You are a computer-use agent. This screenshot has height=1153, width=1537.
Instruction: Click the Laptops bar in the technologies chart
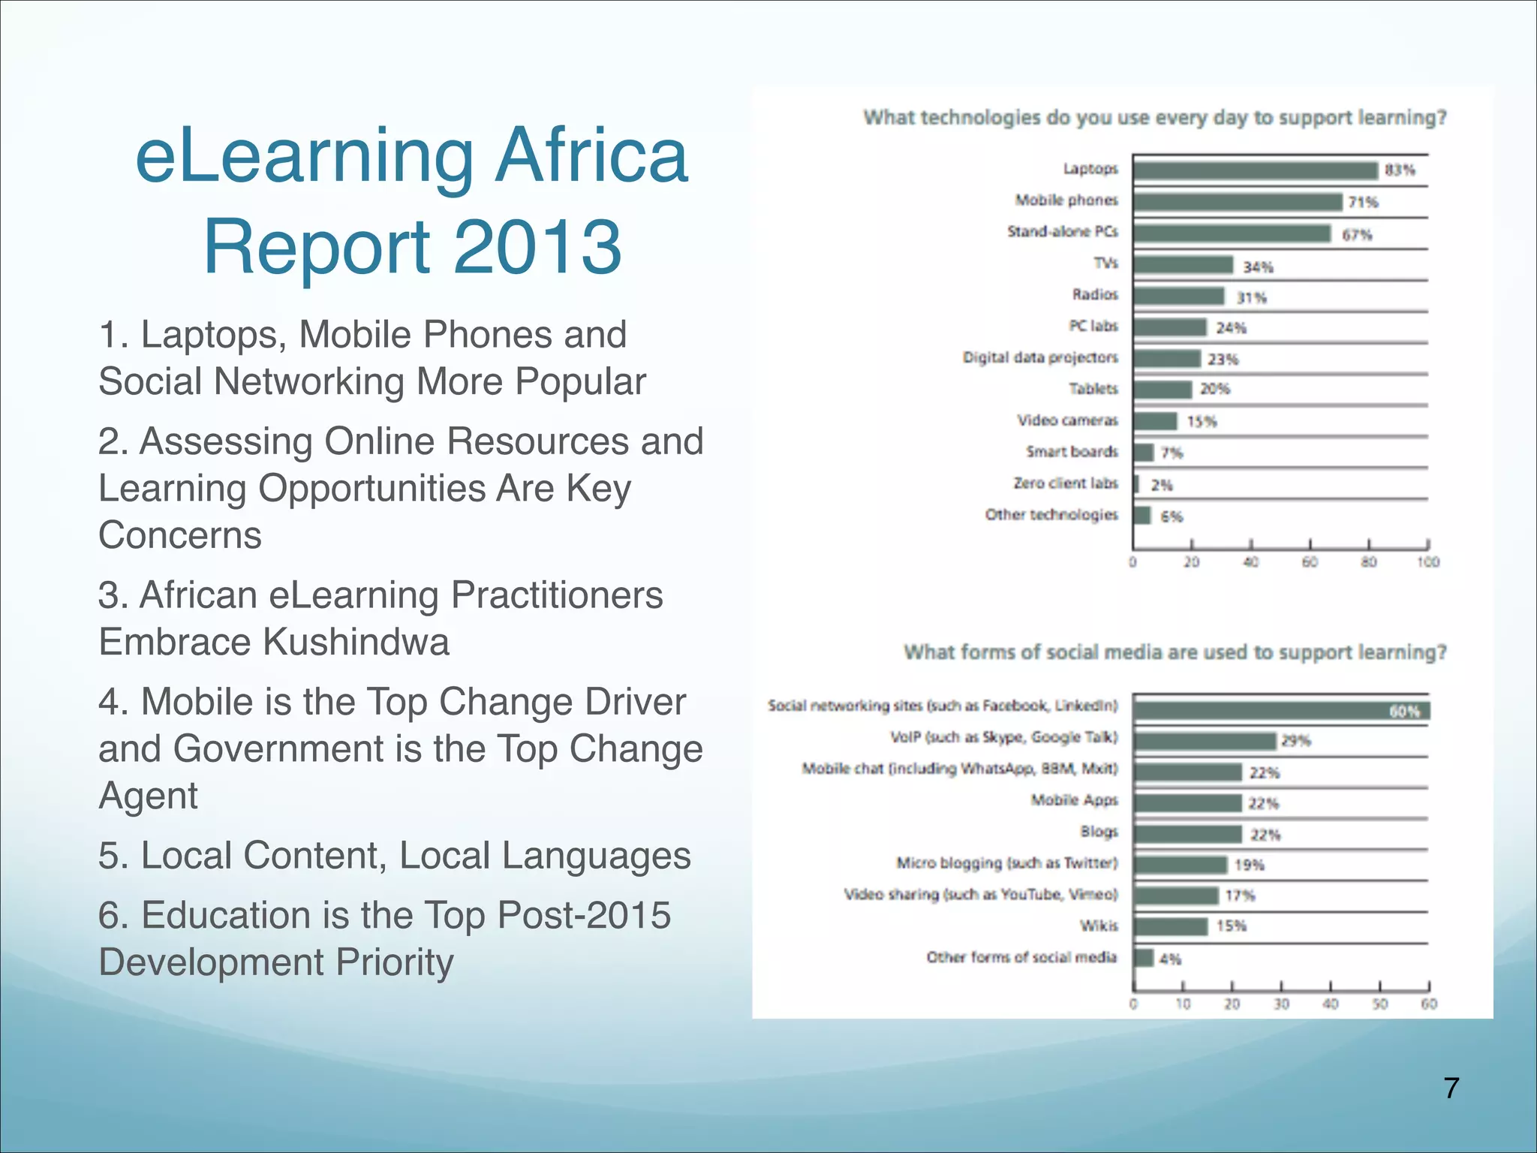1255,170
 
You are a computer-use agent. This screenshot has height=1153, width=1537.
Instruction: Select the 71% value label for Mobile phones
1362,202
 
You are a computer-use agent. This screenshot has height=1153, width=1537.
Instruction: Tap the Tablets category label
1093,389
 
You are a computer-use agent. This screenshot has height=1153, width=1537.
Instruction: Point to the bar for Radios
1178,296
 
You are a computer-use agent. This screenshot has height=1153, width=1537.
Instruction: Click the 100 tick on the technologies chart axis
1427,562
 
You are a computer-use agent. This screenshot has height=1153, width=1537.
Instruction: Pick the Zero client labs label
1065,483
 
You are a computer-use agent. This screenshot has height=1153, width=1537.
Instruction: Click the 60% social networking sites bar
1280,710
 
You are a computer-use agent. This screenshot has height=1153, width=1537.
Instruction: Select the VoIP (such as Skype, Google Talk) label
1003,737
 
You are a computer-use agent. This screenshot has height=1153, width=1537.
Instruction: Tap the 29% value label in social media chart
1295,741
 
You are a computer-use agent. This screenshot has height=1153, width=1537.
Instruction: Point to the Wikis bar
1171,926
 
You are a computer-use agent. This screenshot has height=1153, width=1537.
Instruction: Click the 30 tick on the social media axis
1281,1004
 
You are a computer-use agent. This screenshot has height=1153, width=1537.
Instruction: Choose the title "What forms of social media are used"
1175,652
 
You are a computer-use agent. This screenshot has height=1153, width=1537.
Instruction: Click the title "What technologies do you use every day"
1154,118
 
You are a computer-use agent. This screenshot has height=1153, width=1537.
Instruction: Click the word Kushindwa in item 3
356,642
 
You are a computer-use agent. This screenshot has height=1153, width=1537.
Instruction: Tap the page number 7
1451,1088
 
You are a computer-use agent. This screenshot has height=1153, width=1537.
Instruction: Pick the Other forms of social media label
1021,957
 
